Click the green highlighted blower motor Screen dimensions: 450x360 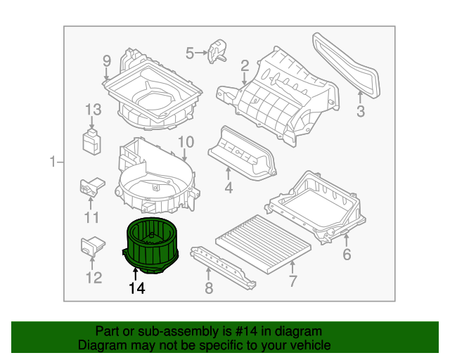[x=150, y=245]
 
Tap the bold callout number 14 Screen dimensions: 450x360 [x=137, y=288]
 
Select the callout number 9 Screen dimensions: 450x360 [x=106, y=61]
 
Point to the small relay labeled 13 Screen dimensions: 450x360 [x=92, y=142]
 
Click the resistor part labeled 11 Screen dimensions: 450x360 [x=92, y=187]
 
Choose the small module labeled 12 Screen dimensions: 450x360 [x=92, y=246]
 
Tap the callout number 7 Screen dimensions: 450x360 [x=292, y=281]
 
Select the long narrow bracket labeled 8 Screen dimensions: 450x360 [x=223, y=268]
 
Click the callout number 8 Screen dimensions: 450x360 [x=209, y=288]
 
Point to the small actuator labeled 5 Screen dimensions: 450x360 [x=217, y=51]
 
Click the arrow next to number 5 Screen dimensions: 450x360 [x=200, y=53]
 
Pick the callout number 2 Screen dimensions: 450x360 [x=245, y=65]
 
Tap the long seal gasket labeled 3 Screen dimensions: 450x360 [x=347, y=65]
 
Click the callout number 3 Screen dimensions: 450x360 [x=361, y=111]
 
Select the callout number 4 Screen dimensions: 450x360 [x=229, y=188]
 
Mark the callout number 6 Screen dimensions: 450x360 [x=347, y=255]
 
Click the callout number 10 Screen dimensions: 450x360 [x=186, y=142]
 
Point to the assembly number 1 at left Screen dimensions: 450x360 [x=53, y=162]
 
